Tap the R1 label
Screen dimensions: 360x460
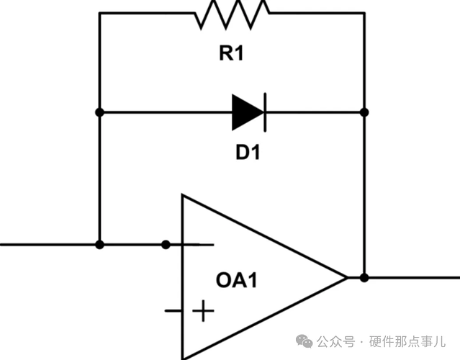(x=230, y=53)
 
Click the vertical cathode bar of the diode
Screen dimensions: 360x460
(x=265, y=112)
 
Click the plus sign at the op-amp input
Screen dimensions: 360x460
(x=204, y=312)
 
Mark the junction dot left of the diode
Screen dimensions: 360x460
(x=99, y=112)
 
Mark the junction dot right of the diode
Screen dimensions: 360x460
(x=364, y=112)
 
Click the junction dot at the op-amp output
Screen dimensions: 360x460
(x=364, y=277)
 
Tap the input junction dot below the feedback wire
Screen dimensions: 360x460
(x=99, y=245)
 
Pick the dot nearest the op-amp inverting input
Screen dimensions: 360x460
(x=166, y=245)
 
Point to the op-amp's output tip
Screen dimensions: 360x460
(x=346, y=277)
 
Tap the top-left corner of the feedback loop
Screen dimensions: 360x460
(x=99, y=13)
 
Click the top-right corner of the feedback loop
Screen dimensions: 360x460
(x=364, y=13)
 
